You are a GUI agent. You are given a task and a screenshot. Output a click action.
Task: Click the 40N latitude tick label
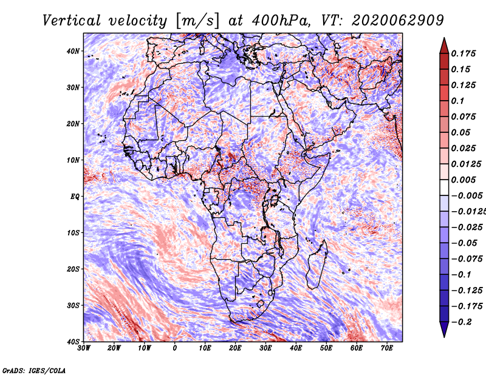click(x=73, y=51)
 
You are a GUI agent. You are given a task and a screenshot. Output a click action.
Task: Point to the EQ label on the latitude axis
click(x=75, y=197)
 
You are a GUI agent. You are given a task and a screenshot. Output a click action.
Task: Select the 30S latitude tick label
click(x=73, y=306)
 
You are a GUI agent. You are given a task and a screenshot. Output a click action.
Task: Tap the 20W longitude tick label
click(x=114, y=348)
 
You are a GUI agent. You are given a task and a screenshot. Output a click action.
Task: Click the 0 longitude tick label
click(x=175, y=348)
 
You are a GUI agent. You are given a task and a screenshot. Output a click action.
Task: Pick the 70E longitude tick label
click(x=386, y=348)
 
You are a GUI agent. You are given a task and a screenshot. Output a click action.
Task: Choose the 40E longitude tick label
click(x=296, y=348)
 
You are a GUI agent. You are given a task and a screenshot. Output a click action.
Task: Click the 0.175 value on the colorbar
click(x=464, y=53)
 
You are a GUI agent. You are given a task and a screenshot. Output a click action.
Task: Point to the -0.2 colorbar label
click(x=462, y=322)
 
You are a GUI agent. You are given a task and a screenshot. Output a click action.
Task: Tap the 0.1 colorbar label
click(x=458, y=101)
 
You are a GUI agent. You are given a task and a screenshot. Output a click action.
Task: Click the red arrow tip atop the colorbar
click(x=444, y=38)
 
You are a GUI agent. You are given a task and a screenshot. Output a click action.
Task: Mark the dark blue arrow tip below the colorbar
click(x=444, y=337)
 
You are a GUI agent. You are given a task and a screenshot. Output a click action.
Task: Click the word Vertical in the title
click(x=71, y=21)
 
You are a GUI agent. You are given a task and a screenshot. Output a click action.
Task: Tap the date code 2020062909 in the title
click(x=398, y=21)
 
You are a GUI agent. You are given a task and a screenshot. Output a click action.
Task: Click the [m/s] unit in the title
click(x=197, y=21)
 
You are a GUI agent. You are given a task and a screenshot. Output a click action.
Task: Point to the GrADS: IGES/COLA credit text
click(x=34, y=370)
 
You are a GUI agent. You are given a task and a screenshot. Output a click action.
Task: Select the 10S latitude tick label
click(x=73, y=233)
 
